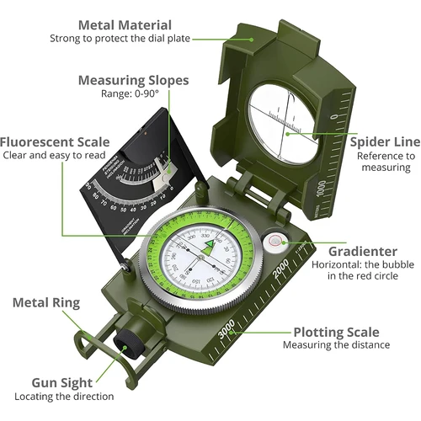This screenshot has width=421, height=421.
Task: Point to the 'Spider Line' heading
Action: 381,141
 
